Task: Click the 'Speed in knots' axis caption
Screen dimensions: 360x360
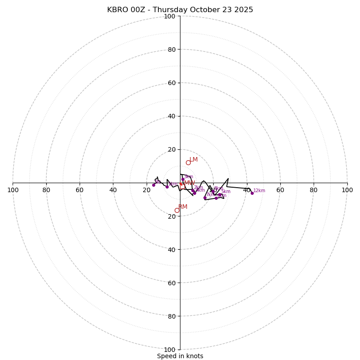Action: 180,356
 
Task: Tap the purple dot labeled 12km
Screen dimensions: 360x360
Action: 252,193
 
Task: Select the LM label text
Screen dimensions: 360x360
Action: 193,160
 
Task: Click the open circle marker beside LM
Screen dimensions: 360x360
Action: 188,163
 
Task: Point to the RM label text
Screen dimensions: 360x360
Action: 183,207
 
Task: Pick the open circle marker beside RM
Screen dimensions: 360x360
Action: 177,210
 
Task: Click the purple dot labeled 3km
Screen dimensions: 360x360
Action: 183,179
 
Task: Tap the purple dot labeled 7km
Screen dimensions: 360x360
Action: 205,198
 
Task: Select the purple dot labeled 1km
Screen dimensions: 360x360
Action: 167,187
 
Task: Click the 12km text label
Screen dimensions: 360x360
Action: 259,191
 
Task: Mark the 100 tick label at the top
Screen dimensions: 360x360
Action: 170,16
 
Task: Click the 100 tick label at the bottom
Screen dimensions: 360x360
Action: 170,350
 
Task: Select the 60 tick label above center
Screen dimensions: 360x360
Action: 171,83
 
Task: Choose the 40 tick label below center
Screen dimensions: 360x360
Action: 171,249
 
